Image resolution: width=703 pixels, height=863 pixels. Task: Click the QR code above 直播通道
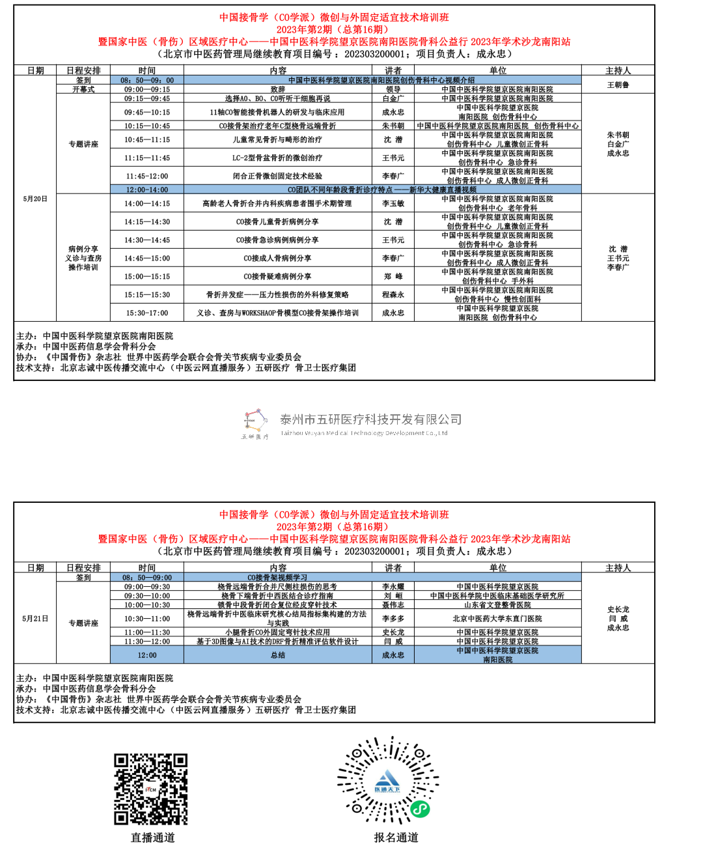151,789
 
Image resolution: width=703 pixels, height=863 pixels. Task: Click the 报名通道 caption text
396,838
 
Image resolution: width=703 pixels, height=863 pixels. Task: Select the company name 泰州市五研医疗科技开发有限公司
370,419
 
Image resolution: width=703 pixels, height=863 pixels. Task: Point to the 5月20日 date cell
35,199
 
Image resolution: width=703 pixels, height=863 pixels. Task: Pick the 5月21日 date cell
35,619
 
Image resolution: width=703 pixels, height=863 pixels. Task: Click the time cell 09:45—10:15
147,112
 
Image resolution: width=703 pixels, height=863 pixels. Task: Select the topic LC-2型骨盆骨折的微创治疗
277,158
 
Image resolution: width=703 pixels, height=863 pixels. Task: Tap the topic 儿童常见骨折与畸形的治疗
277,139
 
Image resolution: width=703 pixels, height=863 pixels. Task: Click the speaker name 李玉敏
393,203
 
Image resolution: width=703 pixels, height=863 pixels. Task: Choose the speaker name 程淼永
393,294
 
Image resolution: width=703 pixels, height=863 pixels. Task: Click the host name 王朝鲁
618,85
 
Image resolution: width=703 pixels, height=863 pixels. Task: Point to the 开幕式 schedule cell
83,89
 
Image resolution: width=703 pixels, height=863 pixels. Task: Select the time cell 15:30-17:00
147,313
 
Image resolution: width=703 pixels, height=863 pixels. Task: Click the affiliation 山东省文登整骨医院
497,605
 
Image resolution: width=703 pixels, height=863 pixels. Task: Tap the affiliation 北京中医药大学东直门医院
497,619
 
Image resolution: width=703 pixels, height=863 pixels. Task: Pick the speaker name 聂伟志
393,605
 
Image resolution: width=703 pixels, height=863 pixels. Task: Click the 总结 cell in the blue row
277,655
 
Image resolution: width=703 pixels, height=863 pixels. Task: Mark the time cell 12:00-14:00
147,190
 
